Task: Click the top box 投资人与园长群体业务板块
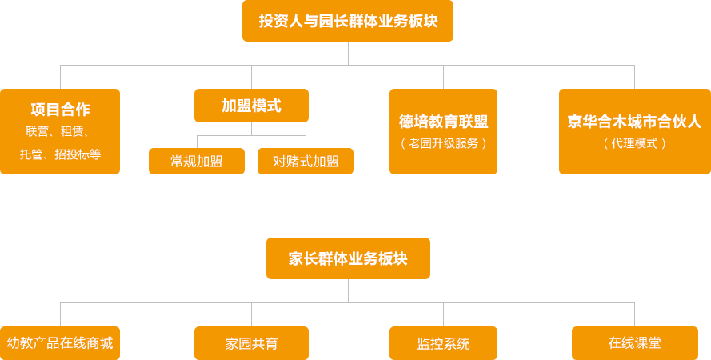point(348,21)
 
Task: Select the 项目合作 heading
point(60,110)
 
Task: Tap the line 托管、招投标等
point(60,154)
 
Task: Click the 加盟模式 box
point(251,105)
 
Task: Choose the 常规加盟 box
point(197,161)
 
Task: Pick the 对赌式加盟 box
point(306,161)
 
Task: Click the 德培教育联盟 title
point(443,122)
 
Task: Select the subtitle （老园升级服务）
point(443,143)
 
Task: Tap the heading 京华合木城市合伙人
point(634,122)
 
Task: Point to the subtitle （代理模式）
point(634,143)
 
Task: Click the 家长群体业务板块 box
point(348,258)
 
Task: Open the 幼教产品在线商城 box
point(60,343)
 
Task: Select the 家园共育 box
point(251,343)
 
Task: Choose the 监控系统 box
point(443,343)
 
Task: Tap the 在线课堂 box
point(634,343)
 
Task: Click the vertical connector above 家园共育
point(251,314)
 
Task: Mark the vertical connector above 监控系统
point(443,314)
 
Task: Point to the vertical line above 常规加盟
point(197,142)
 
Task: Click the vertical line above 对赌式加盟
point(306,142)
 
